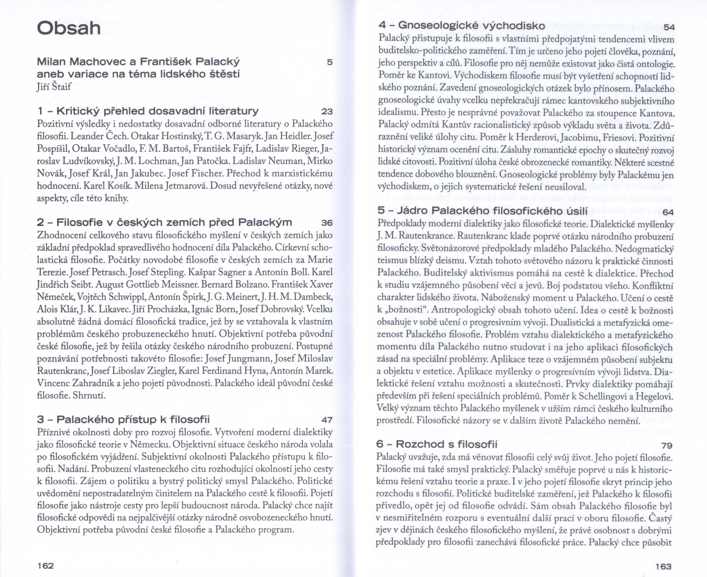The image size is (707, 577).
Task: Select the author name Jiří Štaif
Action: point(53,88)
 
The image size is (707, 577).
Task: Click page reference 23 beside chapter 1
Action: point(327,112)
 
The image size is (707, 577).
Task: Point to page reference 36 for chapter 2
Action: point(327,223)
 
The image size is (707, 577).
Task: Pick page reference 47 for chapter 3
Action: point(327,420)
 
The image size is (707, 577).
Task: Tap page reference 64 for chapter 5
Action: point(668,212)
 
